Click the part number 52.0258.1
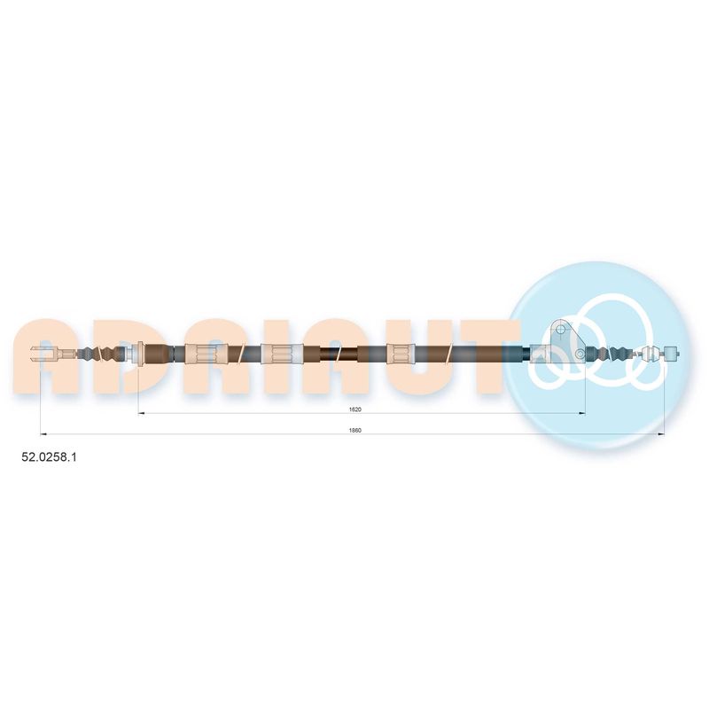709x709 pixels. click(50, 457)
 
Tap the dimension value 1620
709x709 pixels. click(355, 409)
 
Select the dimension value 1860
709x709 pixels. click(355, 430)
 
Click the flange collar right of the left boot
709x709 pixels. click(140, 353)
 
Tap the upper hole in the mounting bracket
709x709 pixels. click(561, 329)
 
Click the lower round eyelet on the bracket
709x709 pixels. click(580, 353)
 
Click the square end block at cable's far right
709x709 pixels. click(672, 353)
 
